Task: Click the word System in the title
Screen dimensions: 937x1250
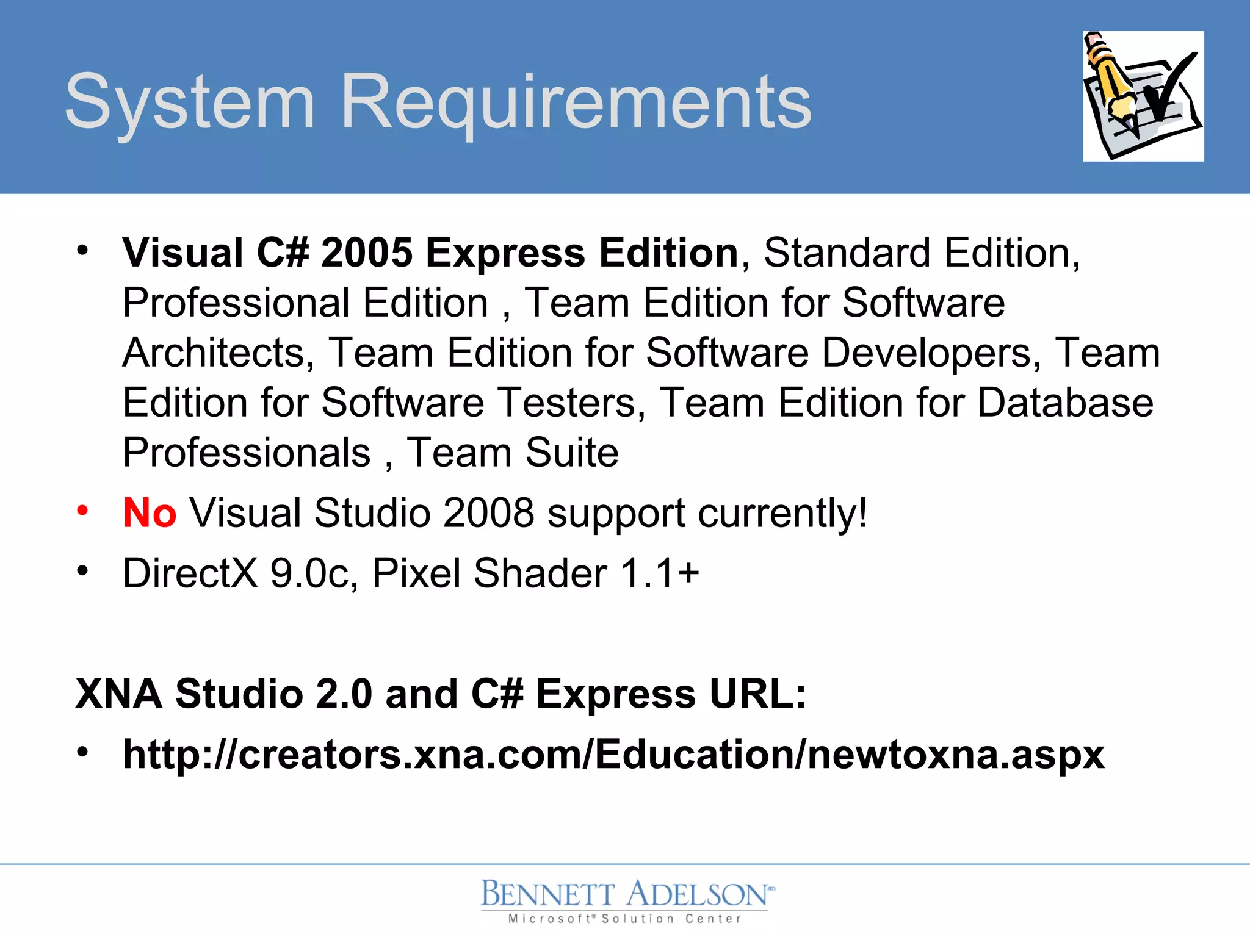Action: tap(189, 102)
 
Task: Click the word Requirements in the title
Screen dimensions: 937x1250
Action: tap(576, 102)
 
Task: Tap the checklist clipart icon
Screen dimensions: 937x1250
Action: tap(1143, 96)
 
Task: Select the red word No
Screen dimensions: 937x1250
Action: tap(150, 512)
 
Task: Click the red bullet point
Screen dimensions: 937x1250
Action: tap(82, 510)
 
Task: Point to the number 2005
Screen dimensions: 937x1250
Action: tap(366, 253)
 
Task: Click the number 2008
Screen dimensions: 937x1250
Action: tap(488, 512)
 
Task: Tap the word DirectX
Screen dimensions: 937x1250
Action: tap(190, 573)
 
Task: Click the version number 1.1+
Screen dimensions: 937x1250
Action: tap(659, 573)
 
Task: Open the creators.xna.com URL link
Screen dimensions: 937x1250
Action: tap(613, 755)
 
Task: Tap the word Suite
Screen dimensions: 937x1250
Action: tap(571, 453)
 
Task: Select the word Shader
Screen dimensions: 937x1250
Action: tap(540, 573)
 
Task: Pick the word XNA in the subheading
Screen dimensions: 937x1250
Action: tap(119, 694)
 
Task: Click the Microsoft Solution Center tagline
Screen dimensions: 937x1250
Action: tap(625, 919)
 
